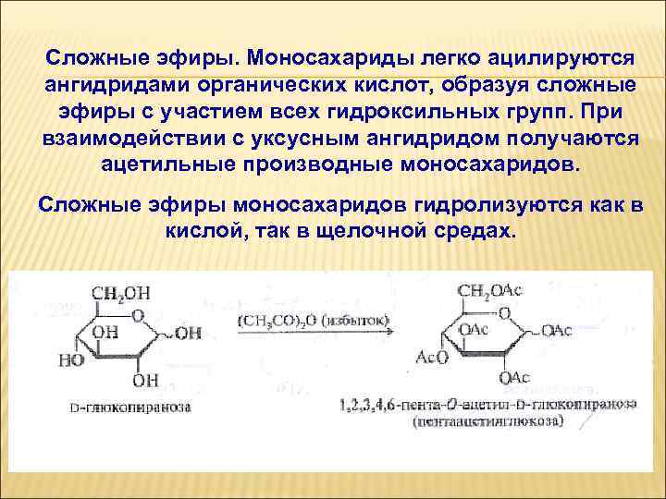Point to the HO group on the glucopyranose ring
click(71, 360)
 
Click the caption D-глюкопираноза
click(129, 407)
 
